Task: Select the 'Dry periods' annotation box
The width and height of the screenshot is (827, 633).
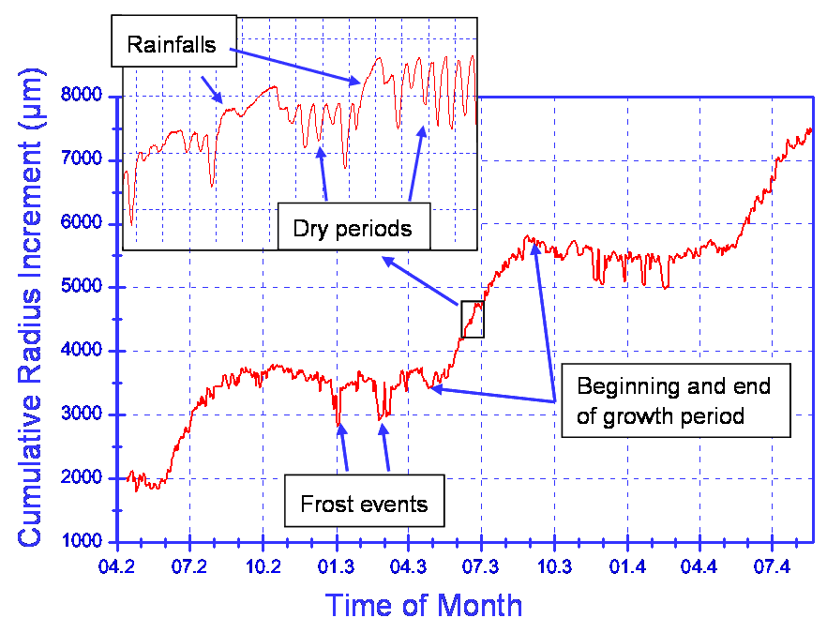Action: [352, 228]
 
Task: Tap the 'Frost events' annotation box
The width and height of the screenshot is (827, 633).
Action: [364, 505]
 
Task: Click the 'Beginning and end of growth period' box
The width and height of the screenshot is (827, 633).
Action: [675, 400]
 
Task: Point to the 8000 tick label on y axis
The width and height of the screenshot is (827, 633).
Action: [81, 97]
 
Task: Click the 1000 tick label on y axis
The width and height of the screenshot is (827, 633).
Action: [81, 542]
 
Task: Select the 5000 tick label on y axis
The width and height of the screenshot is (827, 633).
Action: [81, 288]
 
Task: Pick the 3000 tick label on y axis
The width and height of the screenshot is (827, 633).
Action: [81, 415]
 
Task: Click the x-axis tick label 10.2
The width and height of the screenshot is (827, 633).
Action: [263, 567]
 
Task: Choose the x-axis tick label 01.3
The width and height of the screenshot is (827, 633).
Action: [336, 567]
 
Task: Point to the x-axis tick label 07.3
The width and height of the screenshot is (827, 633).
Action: [481, 567]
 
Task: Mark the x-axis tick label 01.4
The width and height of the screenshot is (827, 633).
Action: [626, 567]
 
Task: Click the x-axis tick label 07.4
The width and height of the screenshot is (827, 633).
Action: [771, 567]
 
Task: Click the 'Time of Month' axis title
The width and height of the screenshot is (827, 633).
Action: [424, 605]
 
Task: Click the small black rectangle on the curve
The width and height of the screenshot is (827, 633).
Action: [473, 319]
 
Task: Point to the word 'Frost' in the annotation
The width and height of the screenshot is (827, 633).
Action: [324, 505]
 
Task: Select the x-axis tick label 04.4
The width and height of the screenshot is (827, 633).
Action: [699, 567]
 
